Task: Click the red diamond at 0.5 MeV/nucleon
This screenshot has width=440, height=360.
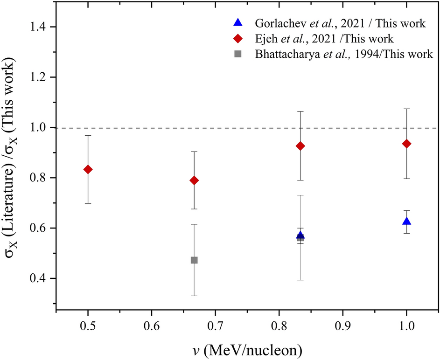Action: pos(88,169)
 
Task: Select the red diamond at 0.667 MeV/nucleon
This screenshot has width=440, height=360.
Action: pos(194,180)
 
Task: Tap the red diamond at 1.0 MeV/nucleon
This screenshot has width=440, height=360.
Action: pos(406,144)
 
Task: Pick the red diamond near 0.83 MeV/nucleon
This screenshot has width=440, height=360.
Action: pos(300,146)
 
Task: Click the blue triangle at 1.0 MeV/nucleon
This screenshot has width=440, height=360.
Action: pos(406,221)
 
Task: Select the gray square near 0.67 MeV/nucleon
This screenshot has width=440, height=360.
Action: pos(194,260)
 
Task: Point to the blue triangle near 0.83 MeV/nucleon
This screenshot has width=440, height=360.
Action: pos(300,235)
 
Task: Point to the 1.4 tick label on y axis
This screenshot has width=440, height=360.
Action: pos(41,27)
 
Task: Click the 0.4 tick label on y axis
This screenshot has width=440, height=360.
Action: pos(41,278)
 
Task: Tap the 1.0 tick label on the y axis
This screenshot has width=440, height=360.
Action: pos(41,127)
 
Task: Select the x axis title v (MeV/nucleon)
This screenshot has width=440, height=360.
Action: pos(247,348)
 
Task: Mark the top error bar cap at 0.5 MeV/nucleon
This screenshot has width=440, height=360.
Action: pos(88,135)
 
